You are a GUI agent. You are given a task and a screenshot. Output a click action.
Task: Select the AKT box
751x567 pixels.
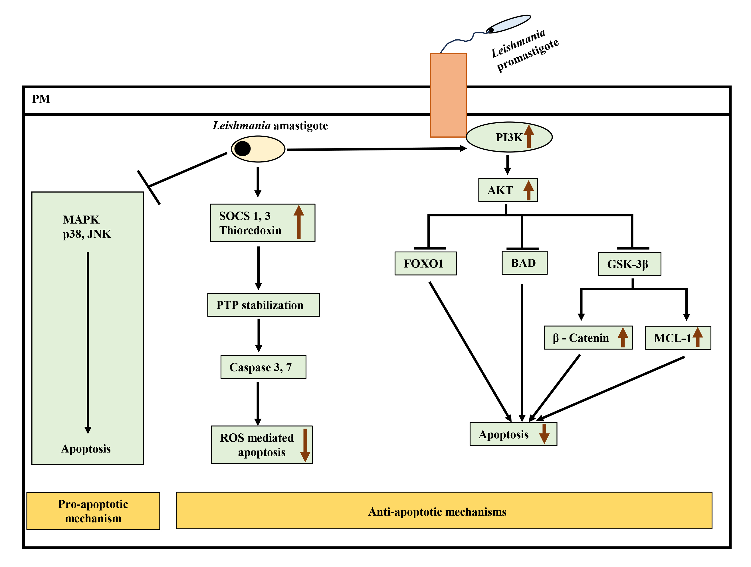[508, 190]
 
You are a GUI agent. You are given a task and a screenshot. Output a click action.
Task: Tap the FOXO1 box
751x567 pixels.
[425, 263]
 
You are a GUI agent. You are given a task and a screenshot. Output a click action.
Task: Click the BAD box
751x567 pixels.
[524, 263]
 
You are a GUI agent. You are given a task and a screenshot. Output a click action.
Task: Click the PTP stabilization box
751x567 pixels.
[263, 305]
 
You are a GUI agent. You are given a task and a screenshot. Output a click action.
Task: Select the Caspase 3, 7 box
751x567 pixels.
[263, 367]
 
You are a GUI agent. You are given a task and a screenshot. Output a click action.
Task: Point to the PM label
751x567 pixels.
[41, 99]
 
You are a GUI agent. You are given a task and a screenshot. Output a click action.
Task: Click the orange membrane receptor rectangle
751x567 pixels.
[448, 95]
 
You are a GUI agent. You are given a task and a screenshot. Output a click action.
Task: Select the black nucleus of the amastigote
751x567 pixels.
[243, 148]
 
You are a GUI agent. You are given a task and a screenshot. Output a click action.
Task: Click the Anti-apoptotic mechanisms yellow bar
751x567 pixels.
[444, 510]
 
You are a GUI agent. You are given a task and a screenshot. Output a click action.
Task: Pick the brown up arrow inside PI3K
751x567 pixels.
[529, 136]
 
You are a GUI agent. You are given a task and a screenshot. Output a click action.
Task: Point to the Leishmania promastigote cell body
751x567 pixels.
[508, 24]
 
